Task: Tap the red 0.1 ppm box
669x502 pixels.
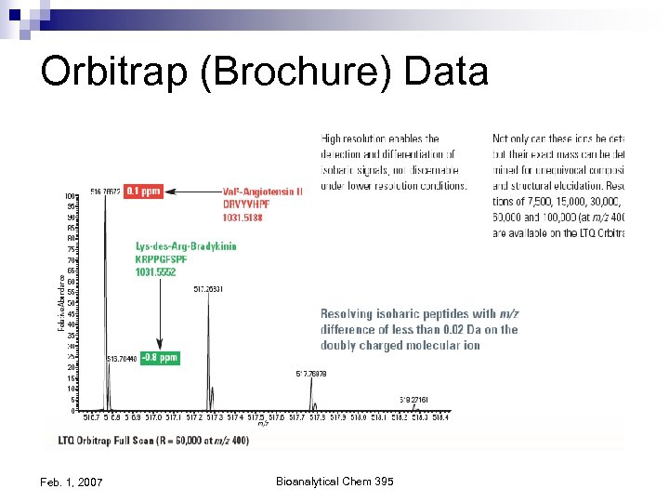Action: tap(144, 192)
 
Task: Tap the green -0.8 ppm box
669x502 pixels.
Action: tap(160, 358)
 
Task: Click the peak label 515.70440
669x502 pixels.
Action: tap(123, 358)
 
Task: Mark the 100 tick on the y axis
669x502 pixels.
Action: tap(71, 196)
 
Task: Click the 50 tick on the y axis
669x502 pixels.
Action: tap(72, 303)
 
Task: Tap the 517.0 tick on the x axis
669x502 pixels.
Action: tap(154, 417)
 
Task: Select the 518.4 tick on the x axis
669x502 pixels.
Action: tap(440, 417)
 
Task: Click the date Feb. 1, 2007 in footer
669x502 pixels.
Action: tap(72, 482)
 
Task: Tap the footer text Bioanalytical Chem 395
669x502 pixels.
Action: tap(334, 481)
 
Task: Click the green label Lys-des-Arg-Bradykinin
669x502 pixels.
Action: tap(186, 246)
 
